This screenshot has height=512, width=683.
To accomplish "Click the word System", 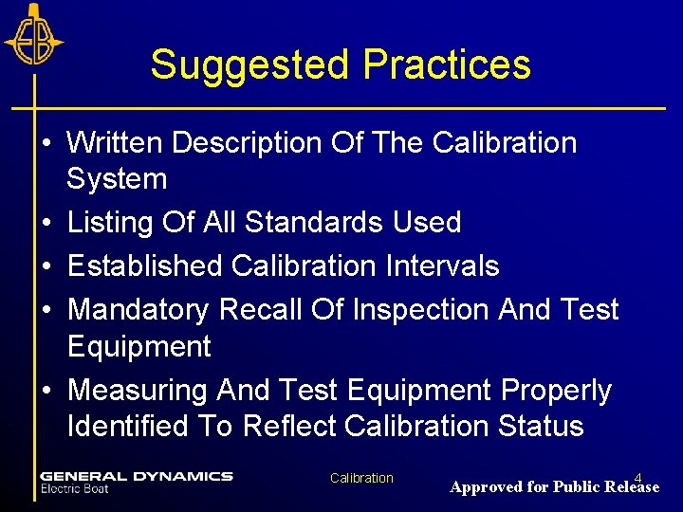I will point(117,178).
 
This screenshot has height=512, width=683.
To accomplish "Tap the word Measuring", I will point(138,391).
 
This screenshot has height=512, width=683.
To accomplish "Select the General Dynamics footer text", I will point(137,476).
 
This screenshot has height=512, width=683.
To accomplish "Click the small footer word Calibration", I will point(361,478).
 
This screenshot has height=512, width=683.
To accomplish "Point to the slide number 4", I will point(638,477).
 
